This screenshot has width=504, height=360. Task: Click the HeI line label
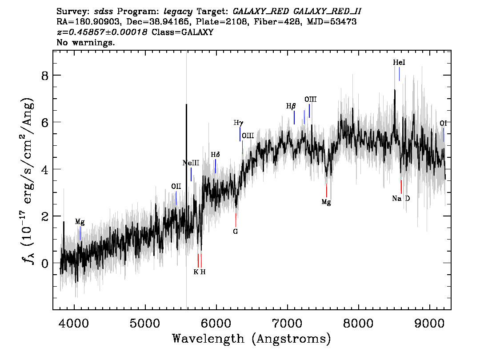(399, 62)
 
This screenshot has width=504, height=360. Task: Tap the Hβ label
(291, 106)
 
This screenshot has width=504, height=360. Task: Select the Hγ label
(238, 123)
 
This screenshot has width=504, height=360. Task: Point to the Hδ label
(216, 155)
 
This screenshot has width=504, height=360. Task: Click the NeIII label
(191, 163)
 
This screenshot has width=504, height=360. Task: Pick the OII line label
(176, 186)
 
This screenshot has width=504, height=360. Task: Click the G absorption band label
(235, 232)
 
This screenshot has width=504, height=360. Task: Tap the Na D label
(401, 199)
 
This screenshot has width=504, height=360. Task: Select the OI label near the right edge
(443, 124)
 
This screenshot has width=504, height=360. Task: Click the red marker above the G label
(236, 220)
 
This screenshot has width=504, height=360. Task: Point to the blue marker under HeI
(399, 74)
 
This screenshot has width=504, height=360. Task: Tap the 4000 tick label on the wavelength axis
(74, 323)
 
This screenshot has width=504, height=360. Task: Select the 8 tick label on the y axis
(44, 76)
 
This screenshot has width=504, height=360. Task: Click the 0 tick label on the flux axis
(44, 264)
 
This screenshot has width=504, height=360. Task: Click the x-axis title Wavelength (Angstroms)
(252, 339)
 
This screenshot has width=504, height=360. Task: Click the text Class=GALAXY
(183, 32)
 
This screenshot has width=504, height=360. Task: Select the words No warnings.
(85, 42)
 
